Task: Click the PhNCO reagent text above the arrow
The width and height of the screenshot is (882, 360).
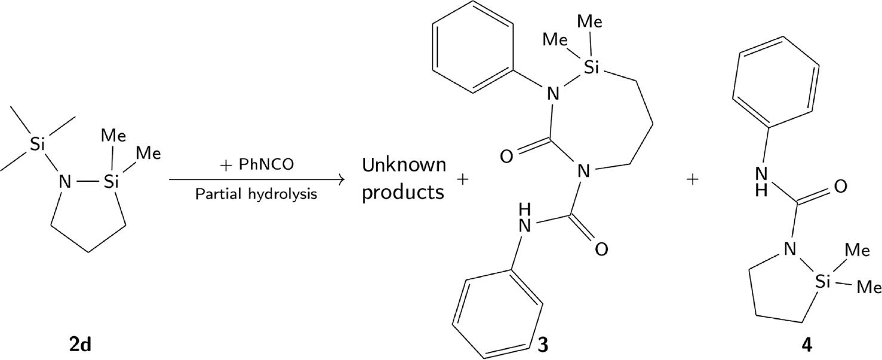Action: point(266,164)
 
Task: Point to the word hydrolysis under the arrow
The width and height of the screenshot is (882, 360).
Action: point(282,194)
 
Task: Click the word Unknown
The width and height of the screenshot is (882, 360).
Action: point(404,165)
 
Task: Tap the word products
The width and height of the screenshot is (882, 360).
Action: point(403,193)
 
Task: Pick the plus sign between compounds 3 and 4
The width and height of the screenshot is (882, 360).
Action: point(692,180)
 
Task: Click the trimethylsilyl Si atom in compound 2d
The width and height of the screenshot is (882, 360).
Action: point(37,144)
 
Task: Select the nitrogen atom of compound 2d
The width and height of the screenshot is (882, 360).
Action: point(65,181)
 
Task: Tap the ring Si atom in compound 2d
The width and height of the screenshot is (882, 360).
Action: point(112,181)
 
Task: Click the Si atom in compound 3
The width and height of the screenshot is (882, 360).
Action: point(591,68)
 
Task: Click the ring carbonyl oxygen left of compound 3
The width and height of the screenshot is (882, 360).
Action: point(507,156)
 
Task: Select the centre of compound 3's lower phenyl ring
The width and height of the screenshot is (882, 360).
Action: point(499,313)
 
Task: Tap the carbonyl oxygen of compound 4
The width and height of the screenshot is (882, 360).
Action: point(840,186)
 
